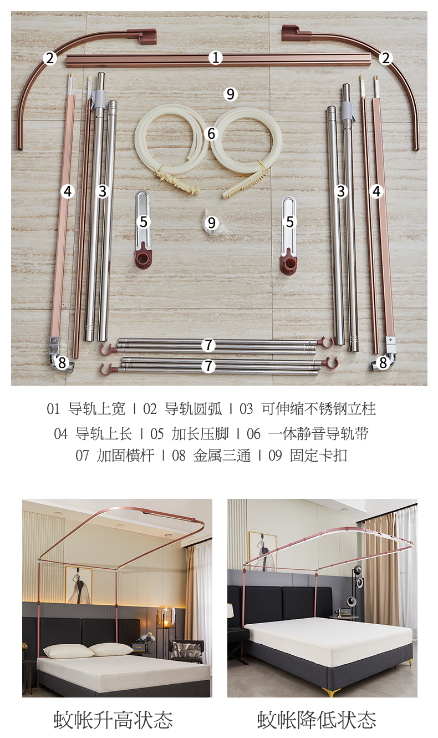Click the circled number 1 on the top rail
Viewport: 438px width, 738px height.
[x=216, y=58]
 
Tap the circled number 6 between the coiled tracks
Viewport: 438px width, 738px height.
[x=211, y=134]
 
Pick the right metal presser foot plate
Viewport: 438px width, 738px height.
[x=289, y=234]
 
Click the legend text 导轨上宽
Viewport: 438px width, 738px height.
[x=97, y=409]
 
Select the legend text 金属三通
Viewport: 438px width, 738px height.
[x=222, y=456]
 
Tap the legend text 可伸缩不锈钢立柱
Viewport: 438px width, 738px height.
[x=319, y=409]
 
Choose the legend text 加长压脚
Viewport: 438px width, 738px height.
[x=200, y=434]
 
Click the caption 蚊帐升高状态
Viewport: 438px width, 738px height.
[x=114, y=720]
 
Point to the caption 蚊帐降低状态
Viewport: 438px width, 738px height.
[x=317, y=720]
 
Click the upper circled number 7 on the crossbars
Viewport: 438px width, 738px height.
[x=208, y=345]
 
